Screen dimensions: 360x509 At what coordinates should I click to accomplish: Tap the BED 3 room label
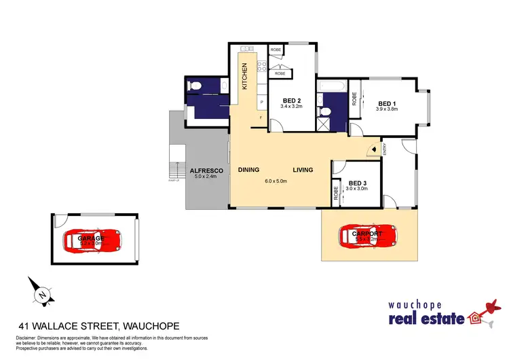click(357, 183)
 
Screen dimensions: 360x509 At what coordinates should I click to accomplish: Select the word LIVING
click(303, 170)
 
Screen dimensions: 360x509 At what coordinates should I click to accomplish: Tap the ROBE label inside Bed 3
click(337, 193)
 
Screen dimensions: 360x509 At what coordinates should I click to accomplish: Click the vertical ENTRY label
click(384, 149)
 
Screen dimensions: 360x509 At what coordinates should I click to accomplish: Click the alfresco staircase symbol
click(176, 174)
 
